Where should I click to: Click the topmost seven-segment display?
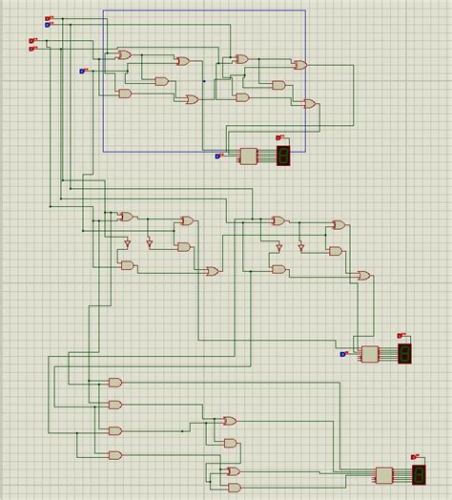(283, 156)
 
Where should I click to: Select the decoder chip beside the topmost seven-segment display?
(250, 156)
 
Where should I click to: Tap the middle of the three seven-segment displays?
(405, 354)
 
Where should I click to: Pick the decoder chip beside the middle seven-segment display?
(370, 354)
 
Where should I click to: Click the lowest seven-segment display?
(418, 474)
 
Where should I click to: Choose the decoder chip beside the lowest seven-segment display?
(384, 474)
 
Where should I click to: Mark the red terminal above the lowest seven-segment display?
(415, 456)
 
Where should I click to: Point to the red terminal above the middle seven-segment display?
(401, 335)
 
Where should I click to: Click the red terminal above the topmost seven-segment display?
(280, 136)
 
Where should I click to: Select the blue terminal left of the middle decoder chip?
(343, 355)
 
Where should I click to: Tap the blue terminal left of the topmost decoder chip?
(218, 156)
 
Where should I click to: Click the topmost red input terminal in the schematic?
(49, 18)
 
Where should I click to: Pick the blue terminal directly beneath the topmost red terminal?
(48, 24)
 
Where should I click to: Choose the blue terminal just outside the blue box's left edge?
(82, 71)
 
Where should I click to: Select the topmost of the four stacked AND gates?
(115, 382)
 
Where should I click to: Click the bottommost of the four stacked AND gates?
(115, 455)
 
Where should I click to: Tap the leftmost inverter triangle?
(127, 244)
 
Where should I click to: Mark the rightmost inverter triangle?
(300, 247)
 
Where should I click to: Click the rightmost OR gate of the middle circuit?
(362, 275)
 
